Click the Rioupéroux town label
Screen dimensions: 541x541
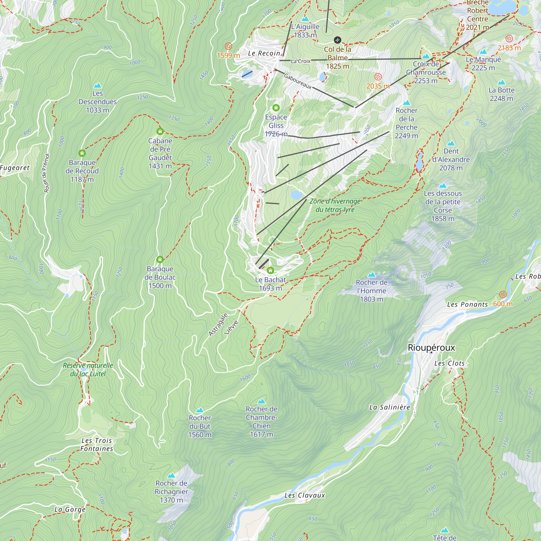click(431, 348)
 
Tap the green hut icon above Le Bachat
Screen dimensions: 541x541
click(270, 270)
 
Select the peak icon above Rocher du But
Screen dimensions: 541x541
click(199, 410)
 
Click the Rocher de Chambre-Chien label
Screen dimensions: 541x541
click(261, 421)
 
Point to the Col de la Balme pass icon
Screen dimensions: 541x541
click(337, 40)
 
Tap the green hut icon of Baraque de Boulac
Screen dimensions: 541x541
click(160, 260)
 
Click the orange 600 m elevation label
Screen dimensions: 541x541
click(503, 304)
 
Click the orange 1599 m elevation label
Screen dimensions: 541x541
click(229, 55)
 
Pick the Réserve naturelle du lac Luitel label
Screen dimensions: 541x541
click(88, 370)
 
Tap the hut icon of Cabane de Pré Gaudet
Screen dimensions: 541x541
click(160, 131)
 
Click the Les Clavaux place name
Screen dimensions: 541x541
click(305, 495)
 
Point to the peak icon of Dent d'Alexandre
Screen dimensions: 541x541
click(451, 143)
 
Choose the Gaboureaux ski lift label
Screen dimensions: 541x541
click(298, 81)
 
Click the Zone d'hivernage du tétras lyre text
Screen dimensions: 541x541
click(335, 205)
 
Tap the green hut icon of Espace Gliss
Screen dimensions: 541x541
click(276, 108)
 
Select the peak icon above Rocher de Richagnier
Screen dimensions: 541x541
click(171, 475)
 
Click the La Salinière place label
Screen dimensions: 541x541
click(390, 407)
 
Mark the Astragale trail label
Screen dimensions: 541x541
click(218, 325)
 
